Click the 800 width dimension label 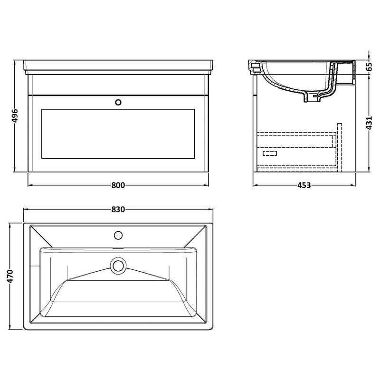click(118, 185)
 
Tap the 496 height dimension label click(15, 116)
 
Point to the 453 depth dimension click(304, 185)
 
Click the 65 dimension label click(369, 66)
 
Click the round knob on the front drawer click(118, 101)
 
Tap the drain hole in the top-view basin click(118, 265)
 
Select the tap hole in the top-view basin click(118, 234)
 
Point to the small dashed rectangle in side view click(270, 153)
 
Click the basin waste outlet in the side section click(314, 98)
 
